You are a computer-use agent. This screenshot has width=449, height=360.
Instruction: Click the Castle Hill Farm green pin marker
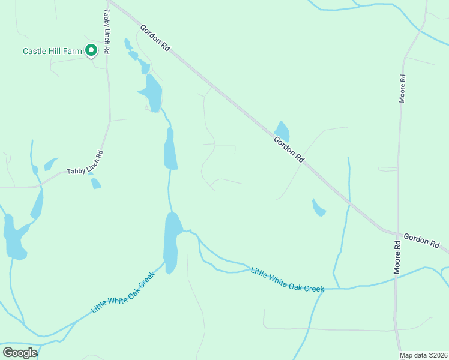tap(91, 51)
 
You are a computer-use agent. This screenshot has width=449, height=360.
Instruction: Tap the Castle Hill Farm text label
tap(52, 52)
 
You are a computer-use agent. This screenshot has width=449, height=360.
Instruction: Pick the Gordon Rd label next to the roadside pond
tap(289, 149)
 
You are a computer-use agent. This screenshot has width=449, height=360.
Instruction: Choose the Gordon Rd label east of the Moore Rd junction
tap(421, 241)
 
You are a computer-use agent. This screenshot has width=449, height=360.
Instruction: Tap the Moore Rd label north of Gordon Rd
tap(403, 88)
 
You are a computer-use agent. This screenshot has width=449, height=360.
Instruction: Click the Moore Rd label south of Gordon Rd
tap(397, 257)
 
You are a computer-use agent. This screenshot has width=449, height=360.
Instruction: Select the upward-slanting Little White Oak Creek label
tap(123, 293)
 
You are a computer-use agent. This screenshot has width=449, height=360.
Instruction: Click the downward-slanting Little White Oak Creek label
tap(287, 280)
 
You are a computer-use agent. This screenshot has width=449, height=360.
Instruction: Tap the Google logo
tap(20, 353)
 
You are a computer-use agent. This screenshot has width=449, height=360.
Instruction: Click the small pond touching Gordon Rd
tap(282, 131)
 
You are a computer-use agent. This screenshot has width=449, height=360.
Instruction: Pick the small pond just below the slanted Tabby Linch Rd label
tap(95, 184)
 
